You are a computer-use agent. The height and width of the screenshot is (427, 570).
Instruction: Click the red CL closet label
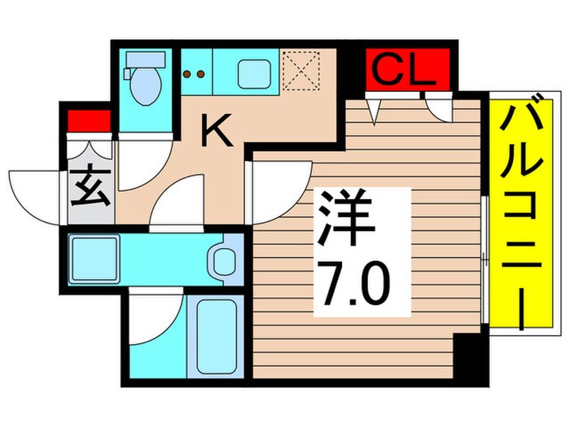coord(406,72)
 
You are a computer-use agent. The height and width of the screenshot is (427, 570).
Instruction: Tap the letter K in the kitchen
coord(217,129)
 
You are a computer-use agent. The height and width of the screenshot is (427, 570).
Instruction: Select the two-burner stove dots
coord(195,74)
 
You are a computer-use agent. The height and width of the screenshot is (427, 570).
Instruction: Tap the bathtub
coord(214,333)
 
